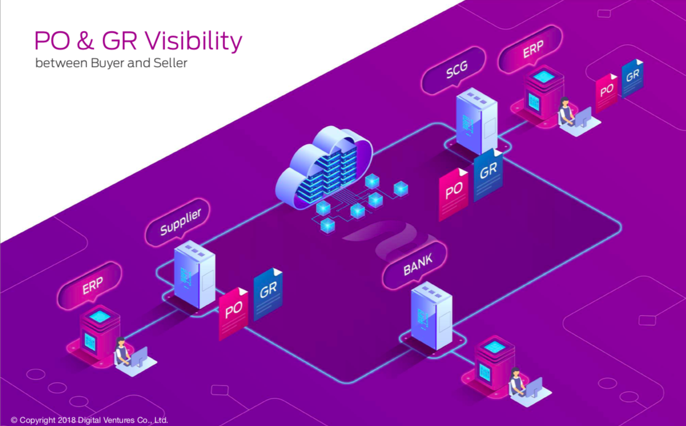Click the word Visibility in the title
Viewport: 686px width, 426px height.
[193, 41]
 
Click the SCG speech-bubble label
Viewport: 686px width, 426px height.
[454, 70]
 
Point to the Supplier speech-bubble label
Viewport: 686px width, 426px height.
[178, 222]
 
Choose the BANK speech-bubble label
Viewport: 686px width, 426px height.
[415, 265]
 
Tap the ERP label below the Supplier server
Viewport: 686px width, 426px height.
[90, 286]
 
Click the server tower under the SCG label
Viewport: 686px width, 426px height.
[477, 121]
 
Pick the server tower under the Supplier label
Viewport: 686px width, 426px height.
[194, 274]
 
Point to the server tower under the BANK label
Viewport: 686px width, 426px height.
[431, 316]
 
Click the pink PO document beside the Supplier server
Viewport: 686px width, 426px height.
[234, 314]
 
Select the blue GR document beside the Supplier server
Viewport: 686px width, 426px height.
[268, 294]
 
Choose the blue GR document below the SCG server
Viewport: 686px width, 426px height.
[488, 175]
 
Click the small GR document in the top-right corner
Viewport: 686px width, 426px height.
[632, 78]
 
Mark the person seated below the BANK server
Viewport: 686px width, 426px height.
[516, 382]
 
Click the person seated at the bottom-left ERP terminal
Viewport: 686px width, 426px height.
[122, 352]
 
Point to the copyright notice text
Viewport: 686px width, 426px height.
[89, 420]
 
